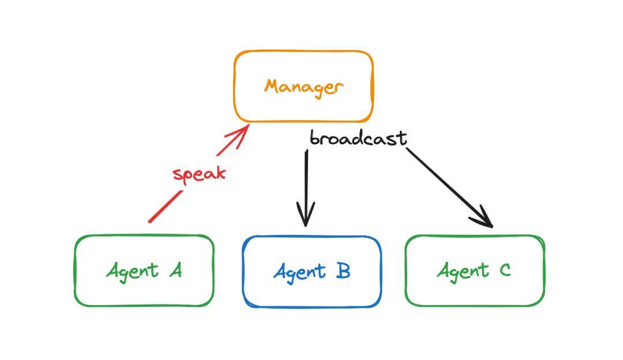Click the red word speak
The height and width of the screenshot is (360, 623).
tap(199, 174)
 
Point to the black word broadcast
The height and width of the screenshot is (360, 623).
tap(358, 138)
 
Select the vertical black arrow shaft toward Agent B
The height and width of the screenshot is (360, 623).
tap(306, 179)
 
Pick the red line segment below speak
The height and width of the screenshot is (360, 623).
tap(164, 207)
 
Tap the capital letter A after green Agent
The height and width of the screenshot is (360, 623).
tap(175, 270)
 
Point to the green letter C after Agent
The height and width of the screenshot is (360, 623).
tap(505, 270)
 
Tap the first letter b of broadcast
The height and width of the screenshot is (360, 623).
tap(314, 138)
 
